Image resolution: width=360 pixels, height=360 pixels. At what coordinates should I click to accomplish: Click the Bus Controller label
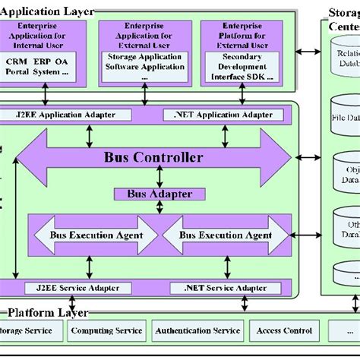[x=153, y=158]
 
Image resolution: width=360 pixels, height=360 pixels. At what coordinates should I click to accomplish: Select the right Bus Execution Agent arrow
[x=226, y=235]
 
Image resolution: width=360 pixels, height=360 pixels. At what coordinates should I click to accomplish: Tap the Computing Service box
[x=106, y=330]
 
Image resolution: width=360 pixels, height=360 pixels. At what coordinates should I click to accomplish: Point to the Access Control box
[x=284, y=330]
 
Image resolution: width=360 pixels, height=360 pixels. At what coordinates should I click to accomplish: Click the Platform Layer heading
[x=47, y=313]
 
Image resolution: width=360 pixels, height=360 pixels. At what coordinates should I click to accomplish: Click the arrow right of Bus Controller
[x=308, y=158]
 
